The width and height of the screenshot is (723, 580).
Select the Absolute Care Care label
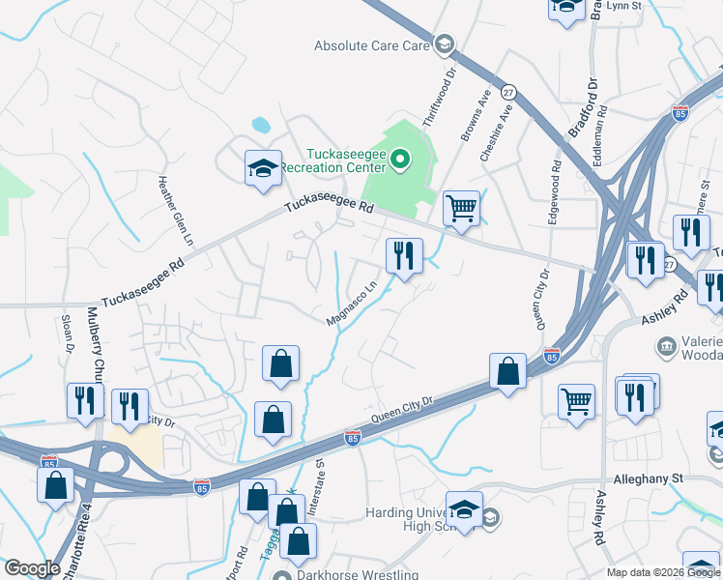[x=371, y=45]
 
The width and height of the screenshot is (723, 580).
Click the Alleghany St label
[x=649, y=478]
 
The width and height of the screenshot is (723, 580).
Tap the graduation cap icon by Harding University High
[x=465, y=510]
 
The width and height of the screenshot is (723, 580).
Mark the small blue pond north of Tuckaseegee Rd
[x=260, y=125]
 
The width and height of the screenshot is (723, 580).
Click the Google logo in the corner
[x=32, y=568]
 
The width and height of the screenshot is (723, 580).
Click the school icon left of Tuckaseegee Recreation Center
[x=263, y=169]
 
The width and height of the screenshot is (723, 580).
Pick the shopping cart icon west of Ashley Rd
[x=577, y=400]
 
